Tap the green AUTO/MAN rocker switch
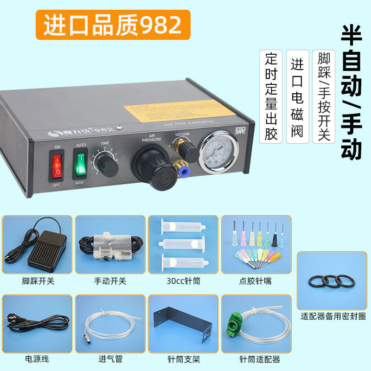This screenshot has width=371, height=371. click(x=80, y=164)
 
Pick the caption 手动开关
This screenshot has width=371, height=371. click(x=110, y=281)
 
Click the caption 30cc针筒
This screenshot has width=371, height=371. click(x=183, y=281)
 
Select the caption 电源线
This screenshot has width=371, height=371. click(x=37, y=359)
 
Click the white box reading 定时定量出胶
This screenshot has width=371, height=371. click(x=271, y=96)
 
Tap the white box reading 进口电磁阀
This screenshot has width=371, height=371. click(x=297, y=96)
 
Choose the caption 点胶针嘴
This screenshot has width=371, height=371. click(x=256, y=281)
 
